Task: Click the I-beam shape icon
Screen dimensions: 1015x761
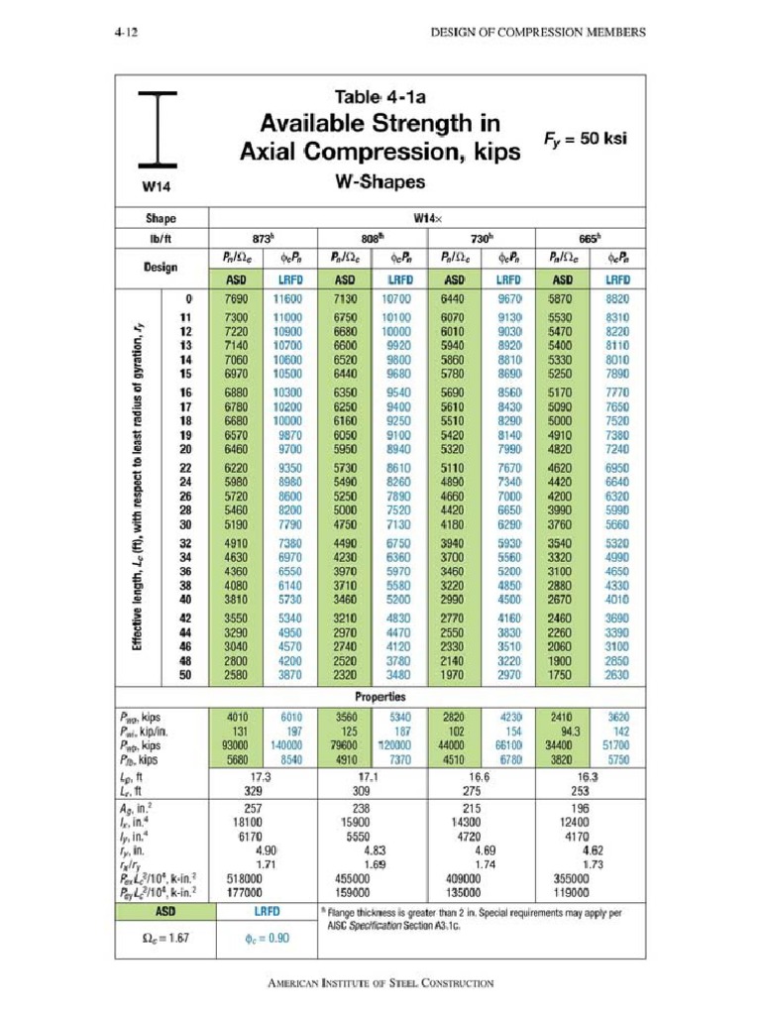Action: (159, 129)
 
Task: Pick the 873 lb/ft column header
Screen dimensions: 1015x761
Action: (263, 239)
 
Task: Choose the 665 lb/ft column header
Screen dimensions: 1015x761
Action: (590, 239)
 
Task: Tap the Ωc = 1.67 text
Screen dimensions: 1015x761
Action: (163, 939)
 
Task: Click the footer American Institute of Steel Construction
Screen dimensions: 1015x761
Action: (380, 983)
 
